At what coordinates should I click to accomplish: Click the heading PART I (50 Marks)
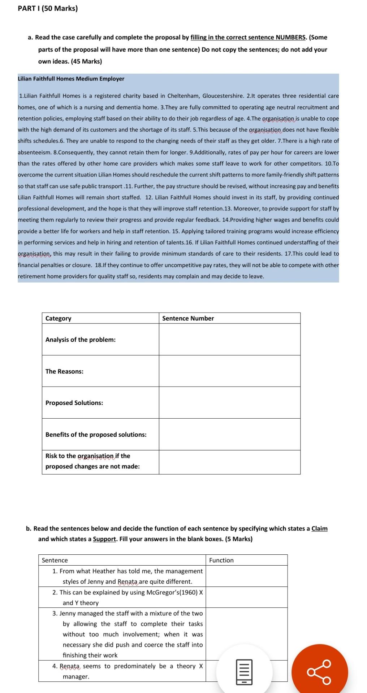click(x=47, y=8)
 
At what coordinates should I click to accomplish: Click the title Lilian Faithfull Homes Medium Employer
click(x=71, y=79)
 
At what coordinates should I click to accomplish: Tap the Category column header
click(x=58, y=318)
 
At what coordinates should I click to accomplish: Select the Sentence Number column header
click(x=188, y=318)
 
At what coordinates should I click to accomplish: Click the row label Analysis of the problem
click(x=81, y=340)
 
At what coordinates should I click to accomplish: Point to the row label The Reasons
click(x=64, y=371)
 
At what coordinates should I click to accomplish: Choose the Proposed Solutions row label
click(x=74, y=403)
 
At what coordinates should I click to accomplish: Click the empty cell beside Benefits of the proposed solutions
click(x=229, y=435)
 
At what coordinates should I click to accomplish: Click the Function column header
click(x=221, y=560)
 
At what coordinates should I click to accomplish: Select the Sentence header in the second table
click(x=55, y=560)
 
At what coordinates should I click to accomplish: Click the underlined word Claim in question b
click(x=319, y=528)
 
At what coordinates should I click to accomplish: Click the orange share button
click(x=319, y=672)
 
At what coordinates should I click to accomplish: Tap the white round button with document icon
click(x=244, y=672)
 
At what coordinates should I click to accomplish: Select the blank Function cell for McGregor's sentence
click(x=246, y=597)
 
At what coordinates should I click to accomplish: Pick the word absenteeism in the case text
click(x=34, y=152)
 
